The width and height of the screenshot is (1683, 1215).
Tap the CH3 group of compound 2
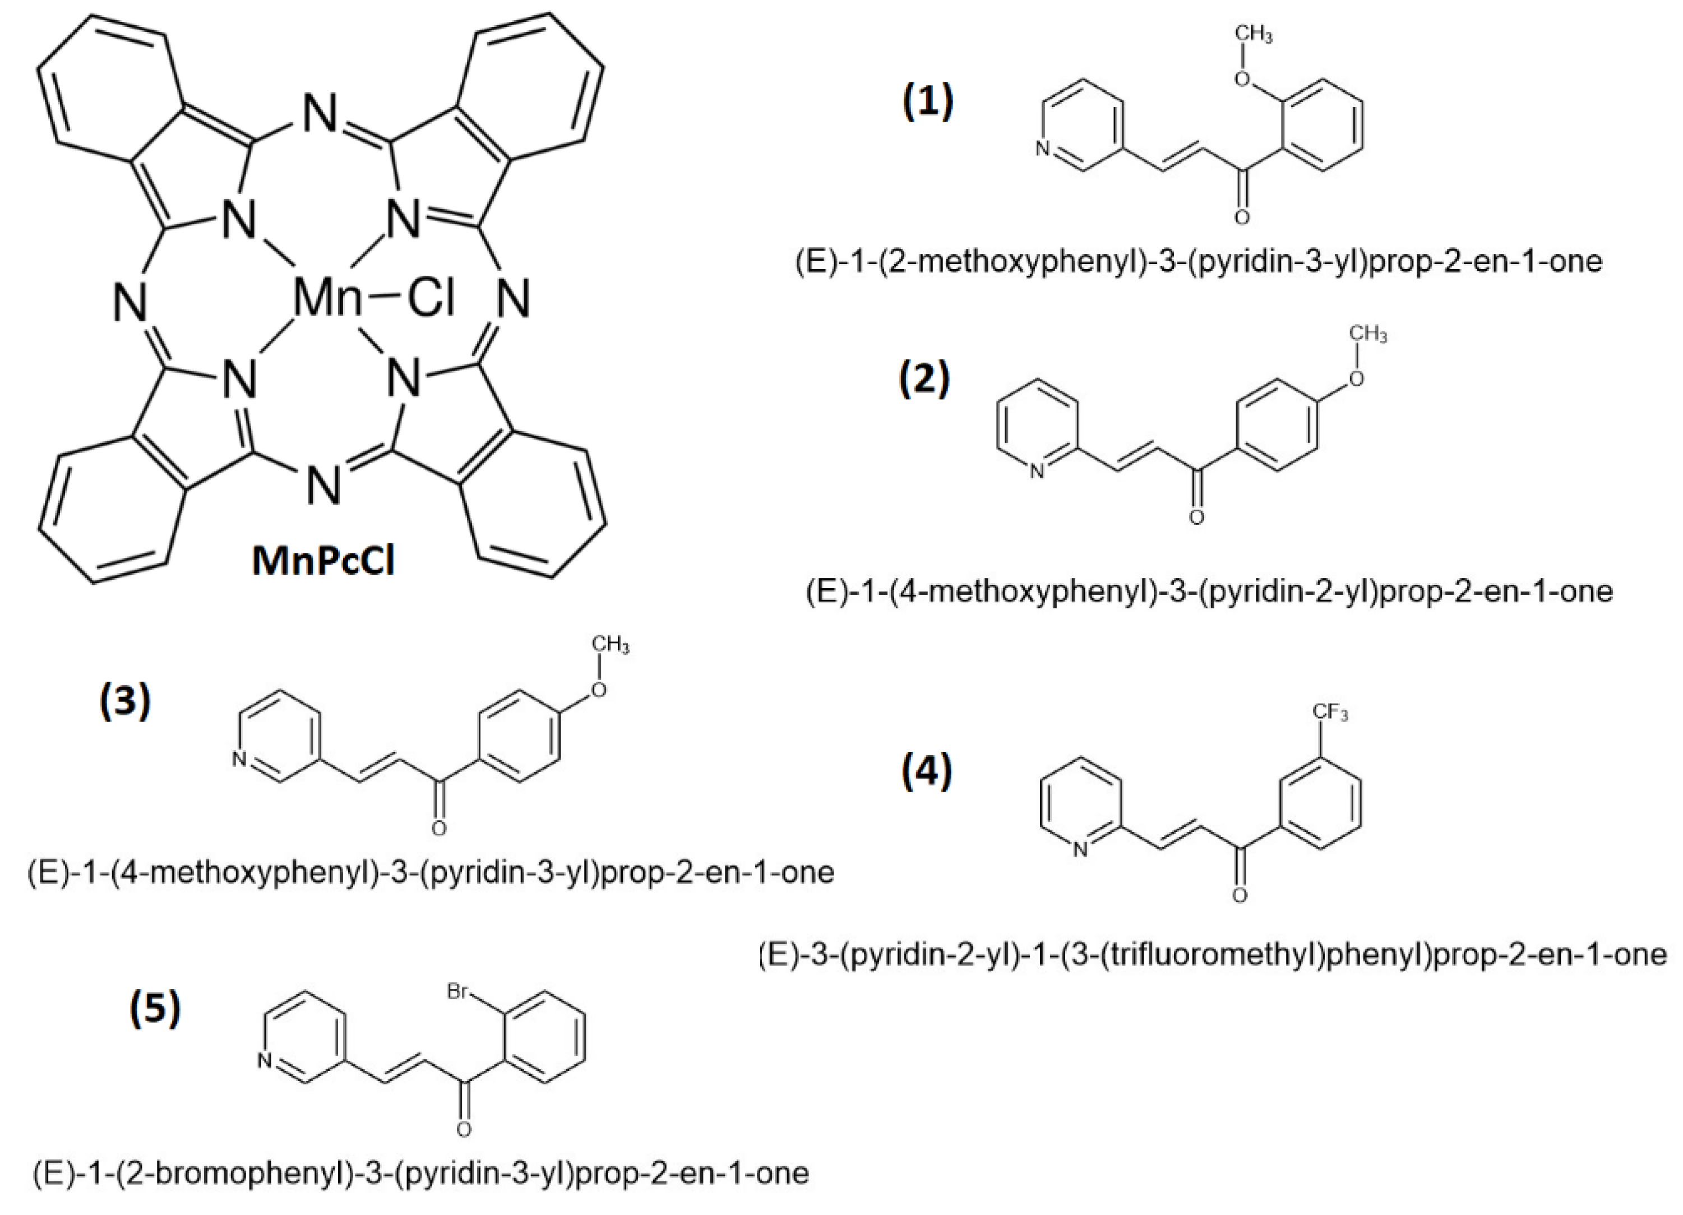coord(1367,335)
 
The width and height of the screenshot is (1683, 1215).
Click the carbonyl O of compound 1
coord(1241,218)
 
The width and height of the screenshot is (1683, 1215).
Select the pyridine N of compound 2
coord(1037,470)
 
